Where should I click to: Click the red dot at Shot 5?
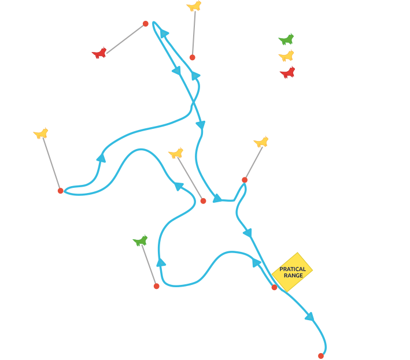pyautogui.click(x=146, y=24)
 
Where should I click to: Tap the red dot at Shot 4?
pyautogui.click(x=192, y=57)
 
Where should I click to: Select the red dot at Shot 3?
pyautogui.click(x=60, y=191)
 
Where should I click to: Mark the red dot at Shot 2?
pyautogui.click(x=203, y=201)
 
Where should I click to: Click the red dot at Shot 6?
pyautogui.click(x=245, y=180)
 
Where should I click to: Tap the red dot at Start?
pyautogui.click(x=274, y=287)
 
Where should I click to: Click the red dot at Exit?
pyautogui.click(x=321, y=356)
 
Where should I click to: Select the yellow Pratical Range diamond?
pyautogui.click(x=293, y=272)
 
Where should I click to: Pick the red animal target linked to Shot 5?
pyautogui.click(x=100, y=54)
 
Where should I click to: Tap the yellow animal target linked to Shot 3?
pyautogui.click(x=41, y=133)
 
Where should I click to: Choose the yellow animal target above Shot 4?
pyautogui.click(x=194, y=6)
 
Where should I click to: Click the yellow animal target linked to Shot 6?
pyautogui.click(x=261, y=142)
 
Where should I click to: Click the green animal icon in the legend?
pyautogui.click(x=286, y=40)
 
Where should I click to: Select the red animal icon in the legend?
pyautogui.click(x=286, y=73)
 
